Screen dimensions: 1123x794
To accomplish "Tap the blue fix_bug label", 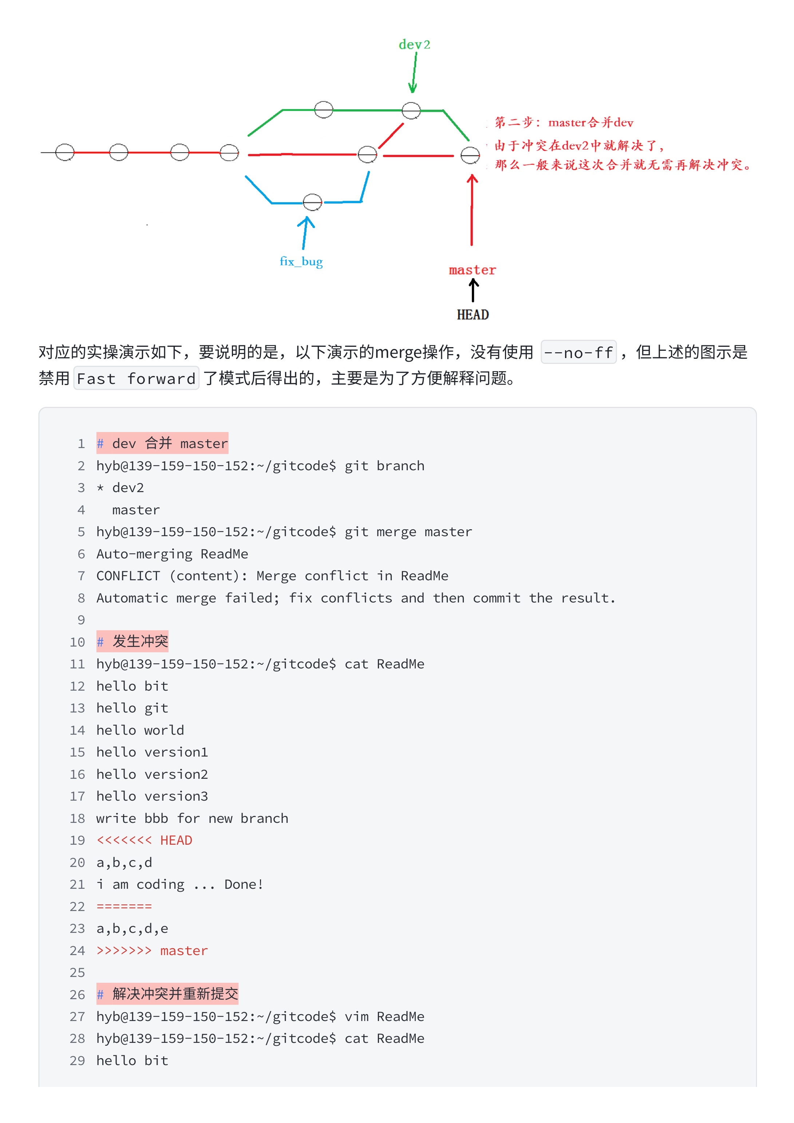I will [x=301, y=262].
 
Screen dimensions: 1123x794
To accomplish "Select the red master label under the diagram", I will [x=472, y=270].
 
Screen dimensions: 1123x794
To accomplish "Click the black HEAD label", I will [x=472, y=314].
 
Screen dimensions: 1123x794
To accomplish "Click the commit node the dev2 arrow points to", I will [x=411, y=110].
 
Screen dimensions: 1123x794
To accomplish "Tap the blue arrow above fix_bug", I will [x=305, y=232].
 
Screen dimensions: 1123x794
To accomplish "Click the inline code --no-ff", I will [x=578, y=352].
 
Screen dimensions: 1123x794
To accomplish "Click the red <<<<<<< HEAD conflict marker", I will [x=144, y=840].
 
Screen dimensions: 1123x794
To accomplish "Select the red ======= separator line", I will [x=124, y=906].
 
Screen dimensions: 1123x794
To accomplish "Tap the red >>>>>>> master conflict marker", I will [x=152, y=950].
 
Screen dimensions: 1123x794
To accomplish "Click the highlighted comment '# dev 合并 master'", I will [x=162, y=443].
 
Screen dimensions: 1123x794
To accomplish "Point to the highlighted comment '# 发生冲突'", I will [x=133, y=641].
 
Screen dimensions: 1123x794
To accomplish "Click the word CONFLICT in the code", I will [x=128, y=576].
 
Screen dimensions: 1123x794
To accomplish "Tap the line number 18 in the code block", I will [x=77, y=818].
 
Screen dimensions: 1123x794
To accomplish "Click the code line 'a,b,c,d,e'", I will [x=132, y=928].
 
